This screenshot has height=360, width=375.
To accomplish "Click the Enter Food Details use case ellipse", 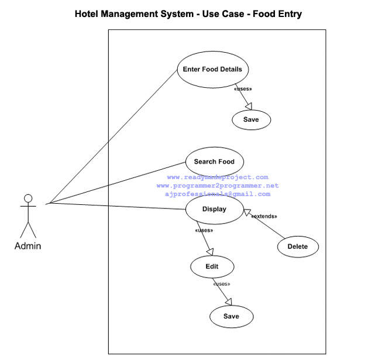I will (x=213, y=69).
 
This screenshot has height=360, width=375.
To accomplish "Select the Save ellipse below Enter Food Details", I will (x=252, y=119).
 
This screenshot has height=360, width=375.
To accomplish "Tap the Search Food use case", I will (x=214, y=162).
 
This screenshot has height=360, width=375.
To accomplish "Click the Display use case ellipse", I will (x=214, y=209).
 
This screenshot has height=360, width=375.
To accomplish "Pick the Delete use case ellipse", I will (x=298, y=246).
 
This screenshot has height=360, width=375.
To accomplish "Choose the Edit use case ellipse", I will (x=212, y=266).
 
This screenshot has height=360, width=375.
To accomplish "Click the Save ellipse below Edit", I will (x=232, y=317).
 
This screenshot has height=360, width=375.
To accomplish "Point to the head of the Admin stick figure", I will (x=27, y=198).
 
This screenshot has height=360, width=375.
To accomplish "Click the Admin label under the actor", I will (x=27, y=246).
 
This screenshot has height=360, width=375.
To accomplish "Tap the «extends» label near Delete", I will (x=264, y=217).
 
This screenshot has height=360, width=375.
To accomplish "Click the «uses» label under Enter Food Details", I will (x=243, y=89).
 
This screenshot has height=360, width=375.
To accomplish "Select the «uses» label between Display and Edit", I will (x=204, y=231).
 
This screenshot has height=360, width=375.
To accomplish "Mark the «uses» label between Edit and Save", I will (x=222, y=284).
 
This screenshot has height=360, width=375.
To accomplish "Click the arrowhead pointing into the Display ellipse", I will (x=247, y=212).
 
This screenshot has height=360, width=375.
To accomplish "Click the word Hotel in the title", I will (x=88, y=13).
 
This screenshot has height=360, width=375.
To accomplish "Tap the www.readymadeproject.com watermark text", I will (x=217, y=177).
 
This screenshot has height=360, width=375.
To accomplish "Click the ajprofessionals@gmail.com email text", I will (x=217, y=194).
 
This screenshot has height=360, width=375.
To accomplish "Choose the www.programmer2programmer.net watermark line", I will (x=217, y=186).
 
